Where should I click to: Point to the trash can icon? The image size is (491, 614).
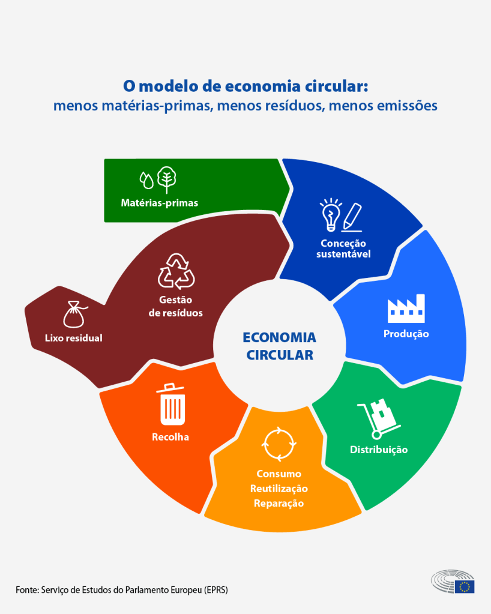pos(172,403)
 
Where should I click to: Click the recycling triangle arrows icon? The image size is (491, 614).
pos(176,271)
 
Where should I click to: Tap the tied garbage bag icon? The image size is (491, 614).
pos(74,313)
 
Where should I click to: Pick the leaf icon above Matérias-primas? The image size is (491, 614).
pos(166,179)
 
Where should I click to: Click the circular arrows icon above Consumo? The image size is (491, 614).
pos(279,444)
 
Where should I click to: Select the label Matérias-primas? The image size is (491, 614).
pos(159,203)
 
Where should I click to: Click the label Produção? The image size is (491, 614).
pos(406,334)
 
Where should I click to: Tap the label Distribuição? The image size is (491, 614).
pos(379,450)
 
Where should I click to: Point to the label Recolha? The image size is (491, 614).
pos(170,437)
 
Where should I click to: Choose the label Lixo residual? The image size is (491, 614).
pos(74,338)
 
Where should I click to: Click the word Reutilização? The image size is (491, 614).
pos(279,489)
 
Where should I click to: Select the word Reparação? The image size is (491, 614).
pos(279,503)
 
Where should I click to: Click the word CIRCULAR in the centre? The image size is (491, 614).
pos(279,355)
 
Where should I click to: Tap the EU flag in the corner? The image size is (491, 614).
pos(464,586)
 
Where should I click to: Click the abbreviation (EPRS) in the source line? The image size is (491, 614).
pos(214,589)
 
